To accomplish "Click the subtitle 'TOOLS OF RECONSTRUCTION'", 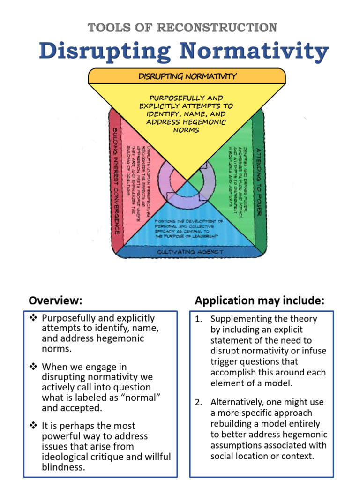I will click(x=182, y=28).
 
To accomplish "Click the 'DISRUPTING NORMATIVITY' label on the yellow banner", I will click(x=187, y=76).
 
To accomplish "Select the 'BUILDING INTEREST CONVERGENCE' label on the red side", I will click(x=115, y=181).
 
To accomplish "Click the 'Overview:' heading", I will click(x=55, y=300).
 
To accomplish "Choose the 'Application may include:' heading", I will click(x=260, y=300).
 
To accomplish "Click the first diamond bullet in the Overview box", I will click(x=33, y=318).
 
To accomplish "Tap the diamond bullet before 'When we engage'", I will click(x=33, y=367).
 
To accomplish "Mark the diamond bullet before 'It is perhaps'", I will click(x=33, y=426).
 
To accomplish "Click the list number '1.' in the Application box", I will click(x=199, y=319).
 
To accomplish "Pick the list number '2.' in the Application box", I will click(x=199, y=402).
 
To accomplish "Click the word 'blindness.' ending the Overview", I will click(x=63, y=467).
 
